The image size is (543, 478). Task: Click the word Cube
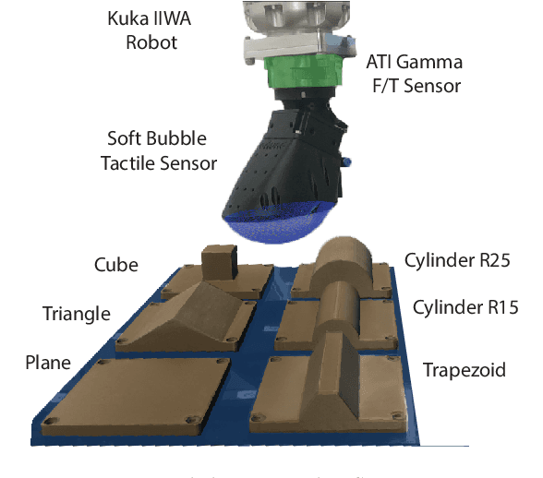[x=115, y=265]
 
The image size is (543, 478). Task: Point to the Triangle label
[x=77, y=314]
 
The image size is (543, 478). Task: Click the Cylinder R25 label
[x=456, y=259]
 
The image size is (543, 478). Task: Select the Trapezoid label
[x=464, y=370]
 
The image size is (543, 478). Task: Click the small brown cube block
[x=219, y=260]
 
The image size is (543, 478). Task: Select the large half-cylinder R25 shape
[x=344, y=262]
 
